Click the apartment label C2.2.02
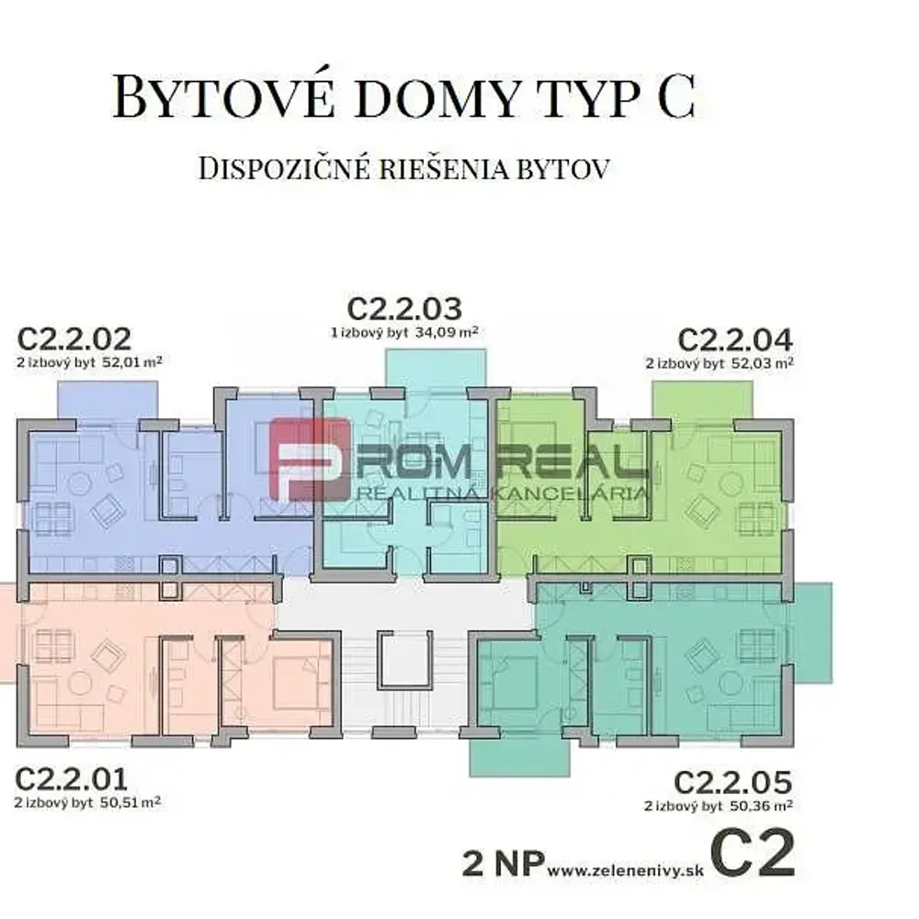pos(74,338)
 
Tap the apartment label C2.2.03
pos(404,308)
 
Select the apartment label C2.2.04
pos(735,339)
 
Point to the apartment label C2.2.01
pos(71,779)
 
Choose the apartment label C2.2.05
pos(732,782)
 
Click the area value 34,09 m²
pos(447,333)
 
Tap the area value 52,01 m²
pos(131,361)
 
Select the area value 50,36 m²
pos(761,806)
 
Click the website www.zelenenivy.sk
pos(625,870)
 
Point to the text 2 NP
pos(504,864)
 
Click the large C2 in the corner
pos(754,854)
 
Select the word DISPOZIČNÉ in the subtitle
pos(284,168)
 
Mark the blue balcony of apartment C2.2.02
pos(108,401)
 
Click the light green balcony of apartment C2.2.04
pos(703,401)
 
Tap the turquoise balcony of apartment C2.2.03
pos(436,369)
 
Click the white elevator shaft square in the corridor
pos(405,659)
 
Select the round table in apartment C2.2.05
pos(731,684)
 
